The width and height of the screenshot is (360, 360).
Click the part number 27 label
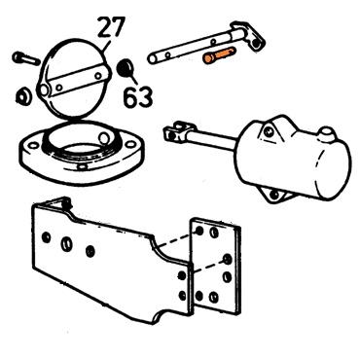[x=111, y=28]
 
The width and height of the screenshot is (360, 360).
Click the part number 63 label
[x=138, y=96]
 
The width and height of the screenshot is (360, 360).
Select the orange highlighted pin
[x=219, y=55]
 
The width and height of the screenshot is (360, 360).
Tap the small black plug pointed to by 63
[x=126, y=68]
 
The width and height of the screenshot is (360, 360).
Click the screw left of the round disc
[x=26, y=58]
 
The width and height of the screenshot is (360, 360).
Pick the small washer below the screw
[x=23, y=96]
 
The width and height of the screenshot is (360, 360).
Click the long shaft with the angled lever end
[x=206, y=43]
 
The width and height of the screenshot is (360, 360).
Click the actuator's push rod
[x=211, y=141]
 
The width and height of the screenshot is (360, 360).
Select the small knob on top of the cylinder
[x=326, y=133]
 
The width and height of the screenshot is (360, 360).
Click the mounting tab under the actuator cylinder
[x=275, y=196]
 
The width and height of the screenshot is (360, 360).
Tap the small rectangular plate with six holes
[x=216, y=267]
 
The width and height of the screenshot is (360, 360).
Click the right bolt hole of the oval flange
[x=129, y=144]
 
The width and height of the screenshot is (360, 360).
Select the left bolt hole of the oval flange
[x=33, y=146]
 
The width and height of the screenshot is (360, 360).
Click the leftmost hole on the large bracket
[x=47, y=237]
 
